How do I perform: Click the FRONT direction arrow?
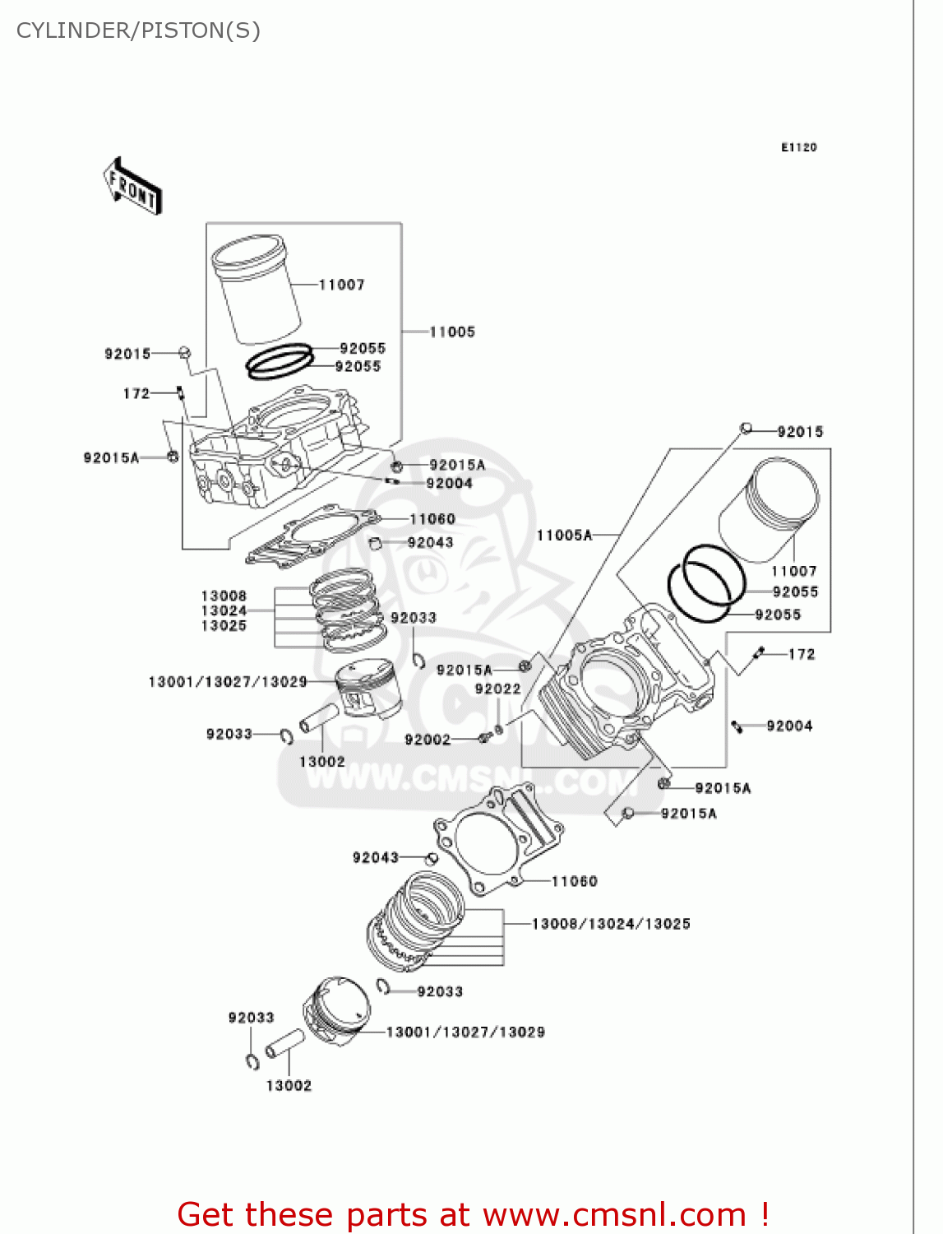[132, 187]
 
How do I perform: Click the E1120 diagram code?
[798, 147]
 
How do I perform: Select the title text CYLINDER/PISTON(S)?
[138, 30]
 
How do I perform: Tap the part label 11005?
[452, 332]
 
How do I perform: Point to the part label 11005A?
[564, 535]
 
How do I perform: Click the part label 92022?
[497, 689]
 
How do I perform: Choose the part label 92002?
[428, 740]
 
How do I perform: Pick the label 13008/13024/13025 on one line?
[611, 924]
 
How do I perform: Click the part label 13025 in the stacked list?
[224, 626]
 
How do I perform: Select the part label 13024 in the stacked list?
[224, 610]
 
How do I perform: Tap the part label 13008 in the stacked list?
[224, 596]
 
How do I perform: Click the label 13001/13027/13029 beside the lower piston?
[465, 1032]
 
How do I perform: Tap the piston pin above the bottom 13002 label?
[285, 1043]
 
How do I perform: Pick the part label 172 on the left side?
[136, 393]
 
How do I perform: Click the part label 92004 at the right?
[789, 726]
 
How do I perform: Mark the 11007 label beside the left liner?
[341, 285]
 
